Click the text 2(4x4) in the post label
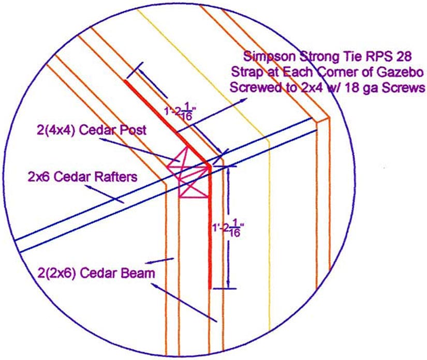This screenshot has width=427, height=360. tap(56, 130)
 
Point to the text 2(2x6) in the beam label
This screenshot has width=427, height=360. tap(56, 273)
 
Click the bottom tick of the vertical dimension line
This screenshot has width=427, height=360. tap(225, 289)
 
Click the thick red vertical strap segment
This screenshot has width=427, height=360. tap(210, 227)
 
